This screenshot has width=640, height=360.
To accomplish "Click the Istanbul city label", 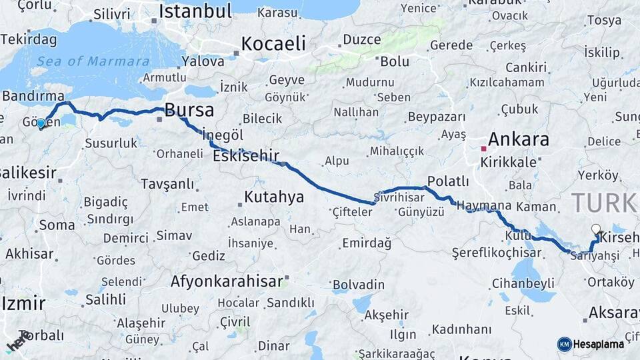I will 195,11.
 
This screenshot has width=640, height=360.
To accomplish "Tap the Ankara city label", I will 518,139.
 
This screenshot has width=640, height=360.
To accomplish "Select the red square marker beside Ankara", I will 483,148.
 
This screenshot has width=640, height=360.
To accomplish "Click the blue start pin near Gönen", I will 41,123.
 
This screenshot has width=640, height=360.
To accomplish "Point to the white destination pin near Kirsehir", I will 595,229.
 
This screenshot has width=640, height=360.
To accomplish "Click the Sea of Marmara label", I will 93,61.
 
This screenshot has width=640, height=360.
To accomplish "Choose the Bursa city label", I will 189,110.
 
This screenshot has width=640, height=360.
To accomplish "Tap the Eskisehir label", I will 245,156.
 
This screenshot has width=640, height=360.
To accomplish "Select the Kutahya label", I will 273,197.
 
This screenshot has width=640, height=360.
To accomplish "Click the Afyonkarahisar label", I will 227,281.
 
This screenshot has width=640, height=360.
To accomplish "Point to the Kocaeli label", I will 273,44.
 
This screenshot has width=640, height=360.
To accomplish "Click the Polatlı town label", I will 448,181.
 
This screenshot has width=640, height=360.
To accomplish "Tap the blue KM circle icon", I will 564,344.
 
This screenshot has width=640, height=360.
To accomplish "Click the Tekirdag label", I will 28,39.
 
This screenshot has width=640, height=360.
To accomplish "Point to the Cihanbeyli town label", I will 523,283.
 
